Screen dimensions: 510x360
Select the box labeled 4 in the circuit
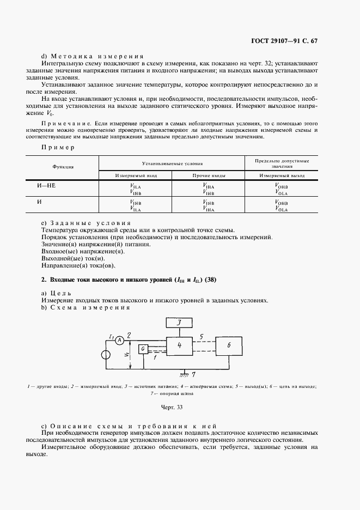[180, 346]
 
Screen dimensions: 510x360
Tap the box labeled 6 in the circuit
[229, 345]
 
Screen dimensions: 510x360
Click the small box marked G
[143, 349]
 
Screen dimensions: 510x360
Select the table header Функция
[63, 167]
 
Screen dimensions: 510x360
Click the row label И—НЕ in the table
[46, 185]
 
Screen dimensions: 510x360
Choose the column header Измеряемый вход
[135, 175]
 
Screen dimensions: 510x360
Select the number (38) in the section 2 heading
[213, 280]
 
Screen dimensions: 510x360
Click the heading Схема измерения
[90, 307]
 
